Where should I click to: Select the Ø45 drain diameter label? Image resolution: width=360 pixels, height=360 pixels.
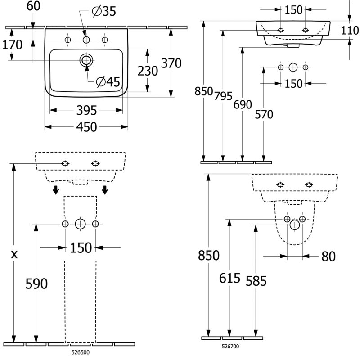(x=108, y=81)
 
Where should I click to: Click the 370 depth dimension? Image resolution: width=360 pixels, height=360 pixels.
(x=171, y=63)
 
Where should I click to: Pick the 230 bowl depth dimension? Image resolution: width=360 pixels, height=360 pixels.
(x=148, y=71)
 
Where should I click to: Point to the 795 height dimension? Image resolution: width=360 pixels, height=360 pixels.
(x=223, y=96)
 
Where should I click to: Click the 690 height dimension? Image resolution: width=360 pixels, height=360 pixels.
(x=243, y=104)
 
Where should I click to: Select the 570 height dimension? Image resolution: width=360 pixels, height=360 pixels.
(x=264, y=114)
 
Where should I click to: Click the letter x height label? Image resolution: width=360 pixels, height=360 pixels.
(x=14, y=254)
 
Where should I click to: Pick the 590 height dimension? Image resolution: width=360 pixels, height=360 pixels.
(x=36, y=283)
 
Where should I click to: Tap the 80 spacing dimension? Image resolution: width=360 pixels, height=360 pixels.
(x=329, y=256)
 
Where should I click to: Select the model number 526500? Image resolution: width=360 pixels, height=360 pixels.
(x=81, y=353)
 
